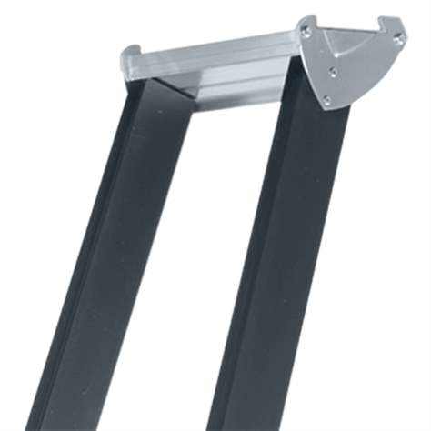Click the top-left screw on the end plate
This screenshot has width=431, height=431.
tap(306, 32)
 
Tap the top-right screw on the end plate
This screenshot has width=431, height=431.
tap(397, 37)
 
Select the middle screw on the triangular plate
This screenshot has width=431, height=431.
tap(333, 71)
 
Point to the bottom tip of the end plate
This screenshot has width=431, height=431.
tap(327, 108)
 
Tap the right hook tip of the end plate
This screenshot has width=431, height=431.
tap(400, 19)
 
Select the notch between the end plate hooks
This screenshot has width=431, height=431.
tap(350, 27)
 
